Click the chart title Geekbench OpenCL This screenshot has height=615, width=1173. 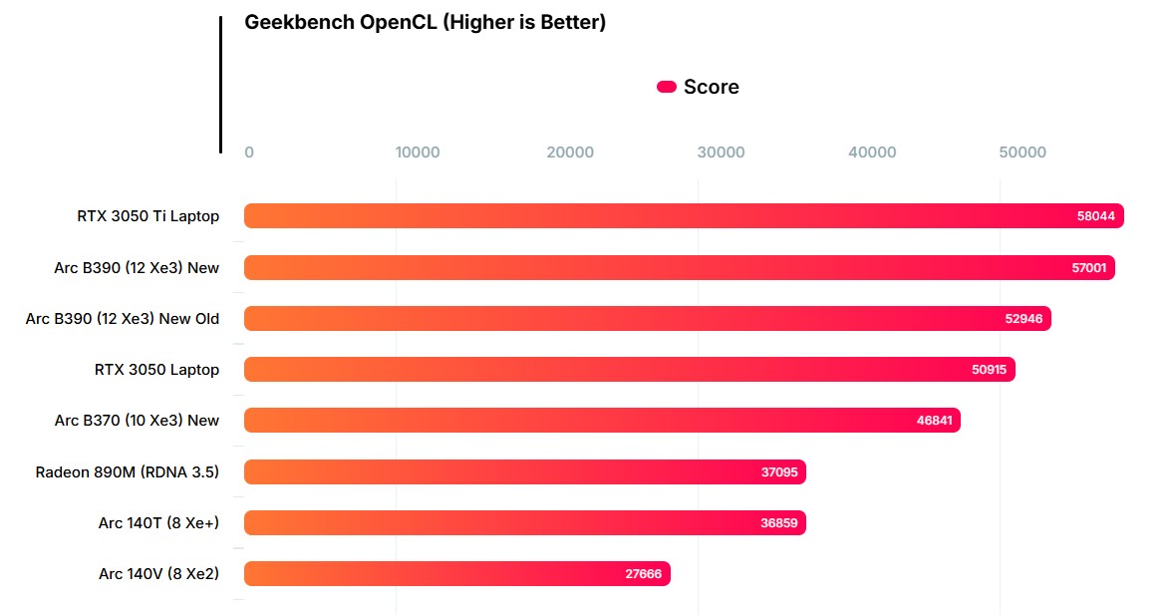425,22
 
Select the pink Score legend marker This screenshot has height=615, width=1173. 667,87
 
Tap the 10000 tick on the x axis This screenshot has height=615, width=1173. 417,153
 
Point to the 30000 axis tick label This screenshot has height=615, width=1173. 721,153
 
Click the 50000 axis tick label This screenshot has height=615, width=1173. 1023,153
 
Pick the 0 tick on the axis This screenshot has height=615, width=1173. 249,153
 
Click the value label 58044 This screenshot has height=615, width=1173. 1096,216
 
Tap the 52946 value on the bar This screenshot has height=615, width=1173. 1024,319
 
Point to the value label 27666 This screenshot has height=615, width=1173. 643,574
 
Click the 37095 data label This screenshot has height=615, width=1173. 779,472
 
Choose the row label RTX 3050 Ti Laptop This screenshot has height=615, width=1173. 147,216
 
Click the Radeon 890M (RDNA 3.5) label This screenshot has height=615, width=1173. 128,472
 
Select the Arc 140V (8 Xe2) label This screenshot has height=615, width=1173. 158,574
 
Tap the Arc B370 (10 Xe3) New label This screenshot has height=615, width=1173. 137,421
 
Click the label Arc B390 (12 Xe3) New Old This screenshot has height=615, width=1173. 123,319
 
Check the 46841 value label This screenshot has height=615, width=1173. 934,421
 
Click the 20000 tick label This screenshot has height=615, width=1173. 570,153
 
